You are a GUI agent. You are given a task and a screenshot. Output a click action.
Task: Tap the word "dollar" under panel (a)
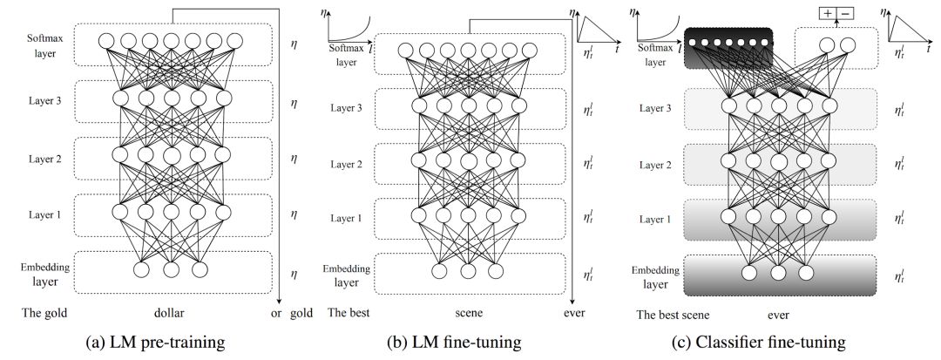168,313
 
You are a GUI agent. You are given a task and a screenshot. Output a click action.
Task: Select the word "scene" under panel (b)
469,313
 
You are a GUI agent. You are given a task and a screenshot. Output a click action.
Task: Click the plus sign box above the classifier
826,14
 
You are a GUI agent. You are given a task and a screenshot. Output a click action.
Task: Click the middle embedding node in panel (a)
171,269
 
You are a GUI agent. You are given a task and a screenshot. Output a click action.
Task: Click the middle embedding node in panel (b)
470,271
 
